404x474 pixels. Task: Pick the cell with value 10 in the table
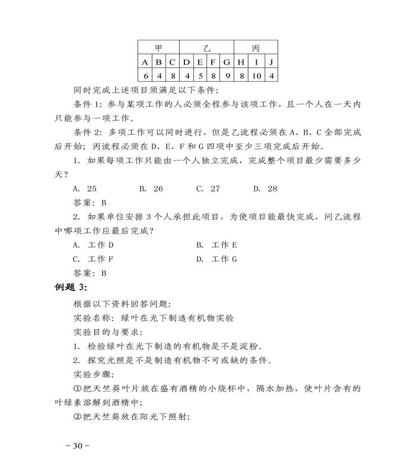click(x=256, y=75)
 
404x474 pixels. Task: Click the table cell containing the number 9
click(x=227, y=75)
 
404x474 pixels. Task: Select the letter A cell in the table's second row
click(x=145, y=62)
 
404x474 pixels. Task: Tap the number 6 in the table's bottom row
click(x=145, y=75)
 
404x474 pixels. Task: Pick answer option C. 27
click(x=208, y=189)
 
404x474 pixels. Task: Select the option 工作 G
click(x=217, y=259)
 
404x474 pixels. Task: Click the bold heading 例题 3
click(x=71, y=288)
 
